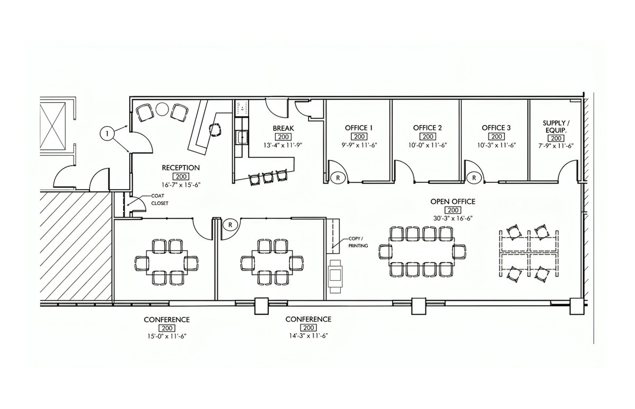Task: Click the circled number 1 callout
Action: pyautogui.click(x=107, y=133)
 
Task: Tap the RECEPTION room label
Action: pyautogui.click(x=181, y=168)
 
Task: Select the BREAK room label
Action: pyautogui.click(x=284, y=128)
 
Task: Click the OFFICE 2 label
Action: pyautogui.click(x=428, y=128)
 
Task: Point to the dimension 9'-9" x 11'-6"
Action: pyautogui.click(x=359, y=145)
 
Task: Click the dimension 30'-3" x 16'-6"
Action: pyautogui.click(x=453, y=219)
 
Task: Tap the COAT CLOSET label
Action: pyautogui.click(x=160, y=200)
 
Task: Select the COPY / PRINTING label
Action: pyautogui.click(x=358, y=243)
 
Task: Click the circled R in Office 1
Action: pyautogui.click(x=338, y=178)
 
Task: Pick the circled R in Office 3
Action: pyautogui.click(x=474, y=178)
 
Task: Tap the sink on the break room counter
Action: pyautogui.click(x=243, y=137)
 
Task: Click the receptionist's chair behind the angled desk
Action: pyautogui.click(x=215, y=130)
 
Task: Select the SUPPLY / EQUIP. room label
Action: pyautogui.click(x=556, y=127)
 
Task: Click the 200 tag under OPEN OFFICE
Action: pyautogui.click(x=453, y=210)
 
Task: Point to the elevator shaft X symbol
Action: pyautogui.click(x=53, y=126)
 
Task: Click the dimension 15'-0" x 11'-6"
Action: pyautogui.click(x=167, y=336)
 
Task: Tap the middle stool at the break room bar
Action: pyautogui.click(x=268, y=177)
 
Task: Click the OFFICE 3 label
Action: pyautogui.click(x=496, y=128)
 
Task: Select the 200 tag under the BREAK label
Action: pyautogui.click(x=283, y=137)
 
